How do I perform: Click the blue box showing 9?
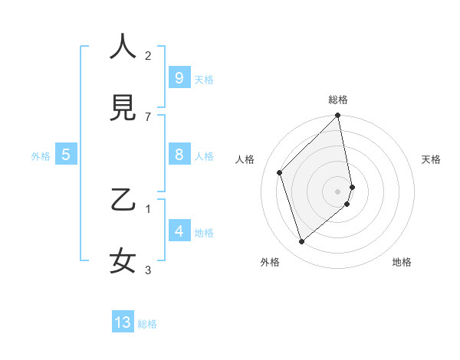click(x=179, y=78)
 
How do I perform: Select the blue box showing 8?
click(x=179, y=155)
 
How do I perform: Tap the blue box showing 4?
click(x=179, y=231)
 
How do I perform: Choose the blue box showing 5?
click(x=66, y=155)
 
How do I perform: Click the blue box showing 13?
click(x=123, y=322)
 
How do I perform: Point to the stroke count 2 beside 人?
click(x=148, y=55)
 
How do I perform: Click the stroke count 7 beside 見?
click(x=148, y=116)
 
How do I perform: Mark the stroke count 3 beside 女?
click(x=148, y=270)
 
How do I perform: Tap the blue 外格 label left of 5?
click(x=41, y=156)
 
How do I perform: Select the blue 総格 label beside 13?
click(x=147, y=324)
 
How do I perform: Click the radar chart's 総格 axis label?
click(x=338, y=100)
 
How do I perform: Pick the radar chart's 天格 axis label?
click(x=432, y=159)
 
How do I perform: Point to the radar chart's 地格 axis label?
click(x=402, y=262)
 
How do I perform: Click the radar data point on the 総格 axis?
click(x=338, y=116)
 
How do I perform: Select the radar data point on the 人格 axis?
click(x=280, y=172)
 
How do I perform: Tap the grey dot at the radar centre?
click(x=338, y=191)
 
